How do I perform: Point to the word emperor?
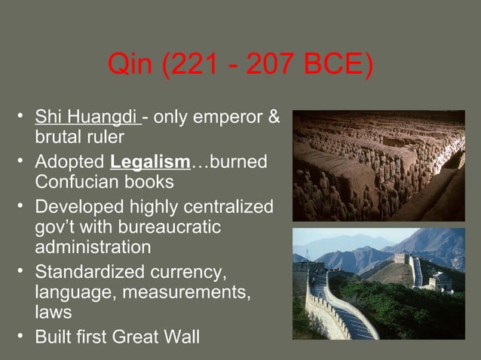point(231,118)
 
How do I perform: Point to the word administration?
point(93,247)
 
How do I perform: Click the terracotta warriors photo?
point(378,166)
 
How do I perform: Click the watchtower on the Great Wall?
point(401,258)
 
